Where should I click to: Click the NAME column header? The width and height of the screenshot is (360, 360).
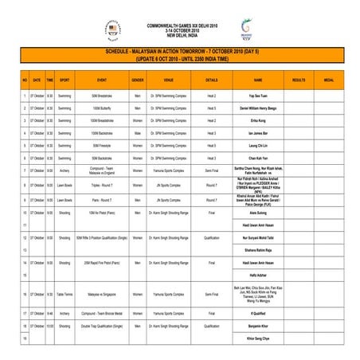click(x=258, y=81)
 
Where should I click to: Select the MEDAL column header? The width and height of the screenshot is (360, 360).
click(x=328, y=81)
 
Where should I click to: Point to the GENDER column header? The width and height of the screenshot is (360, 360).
click(x=138, y=81)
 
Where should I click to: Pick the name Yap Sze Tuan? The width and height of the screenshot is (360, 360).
click(x=258, y=95)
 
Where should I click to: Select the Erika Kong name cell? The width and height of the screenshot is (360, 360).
click(x=258, y=120)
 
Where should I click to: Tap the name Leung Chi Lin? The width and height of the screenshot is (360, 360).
click(x=258, y=146)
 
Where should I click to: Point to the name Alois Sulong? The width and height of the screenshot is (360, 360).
click(x=258, y=213)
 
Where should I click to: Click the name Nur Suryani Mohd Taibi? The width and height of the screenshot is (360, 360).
click(x=258, y=237)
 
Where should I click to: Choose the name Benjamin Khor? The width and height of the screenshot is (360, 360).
click(x=258, y=326)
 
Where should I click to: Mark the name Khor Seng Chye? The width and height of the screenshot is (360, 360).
click(x=258, y=338)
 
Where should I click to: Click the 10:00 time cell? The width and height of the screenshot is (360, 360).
click(x=49, y=326)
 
